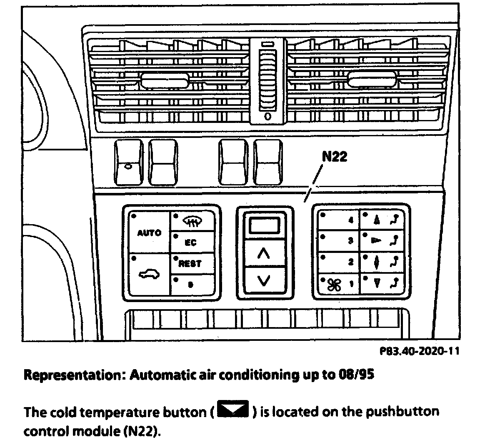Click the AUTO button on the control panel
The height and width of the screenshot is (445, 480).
click(149, 232)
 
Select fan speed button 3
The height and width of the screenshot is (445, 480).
click(338, 241)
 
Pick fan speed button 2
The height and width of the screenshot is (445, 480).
click(338, 262)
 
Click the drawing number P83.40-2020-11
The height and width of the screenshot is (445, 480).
click(419, 351)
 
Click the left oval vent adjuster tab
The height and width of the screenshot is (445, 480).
click(162, 80)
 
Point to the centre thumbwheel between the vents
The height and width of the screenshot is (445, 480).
click(268, 79)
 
